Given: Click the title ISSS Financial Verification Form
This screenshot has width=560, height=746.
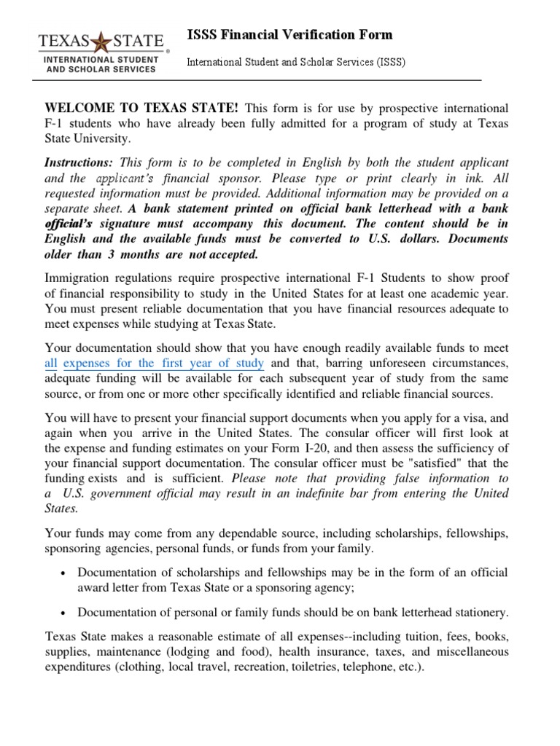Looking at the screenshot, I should click(289, 34).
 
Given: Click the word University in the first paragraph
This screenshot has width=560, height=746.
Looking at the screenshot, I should click(106, 138).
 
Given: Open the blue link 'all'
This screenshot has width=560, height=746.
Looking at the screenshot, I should click(50, 363).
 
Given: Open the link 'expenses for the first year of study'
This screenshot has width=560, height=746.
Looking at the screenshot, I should click(163, 363).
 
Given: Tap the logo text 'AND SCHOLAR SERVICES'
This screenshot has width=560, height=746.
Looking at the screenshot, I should click(101, 69).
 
